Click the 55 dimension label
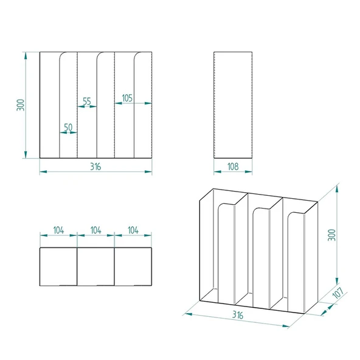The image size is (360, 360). (x=86, y=102)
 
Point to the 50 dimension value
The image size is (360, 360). (x=68, y=127)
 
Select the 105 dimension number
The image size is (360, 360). (x=128, y=98)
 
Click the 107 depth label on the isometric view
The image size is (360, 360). (x=339, y=294)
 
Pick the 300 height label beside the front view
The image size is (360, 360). (x=21, y=105)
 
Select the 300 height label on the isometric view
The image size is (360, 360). (x=331, y=234)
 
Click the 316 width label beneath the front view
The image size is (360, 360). (x=95, y=166)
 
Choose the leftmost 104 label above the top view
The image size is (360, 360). (x=58, y=230)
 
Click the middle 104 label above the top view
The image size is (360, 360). (x=95, y=230)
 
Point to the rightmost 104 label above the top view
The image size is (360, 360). (x=133, y=230)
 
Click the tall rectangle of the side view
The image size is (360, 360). (x=232, y=105)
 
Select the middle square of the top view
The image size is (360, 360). (x=95, y=266)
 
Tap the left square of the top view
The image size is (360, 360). (x=58, y=266)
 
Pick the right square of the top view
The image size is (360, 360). (x=133, y=266)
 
